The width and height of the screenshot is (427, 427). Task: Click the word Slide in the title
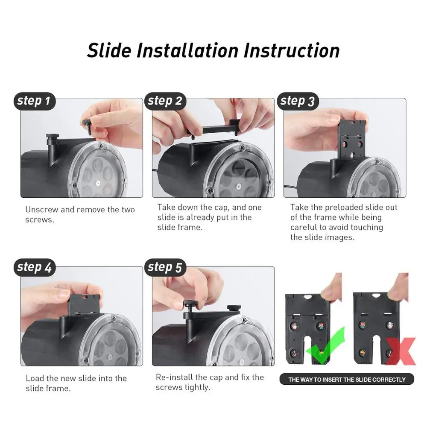click(x=109, y=50)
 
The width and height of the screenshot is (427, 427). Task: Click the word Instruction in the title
click(x=292, y=50)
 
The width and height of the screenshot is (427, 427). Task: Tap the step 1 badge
click(x=34, y=101)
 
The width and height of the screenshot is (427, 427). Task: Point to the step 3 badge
click(x=297, y=101)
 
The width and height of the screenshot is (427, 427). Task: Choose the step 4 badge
click(x=34, y=267)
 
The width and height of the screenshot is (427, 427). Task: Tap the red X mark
click(x=401, y=351)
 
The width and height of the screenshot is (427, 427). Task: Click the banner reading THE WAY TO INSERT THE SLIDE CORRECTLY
click(x=346, y=379)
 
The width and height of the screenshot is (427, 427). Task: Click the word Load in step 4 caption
click(x=34, y=378)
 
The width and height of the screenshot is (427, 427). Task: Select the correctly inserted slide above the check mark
click(x=307, y=329)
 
